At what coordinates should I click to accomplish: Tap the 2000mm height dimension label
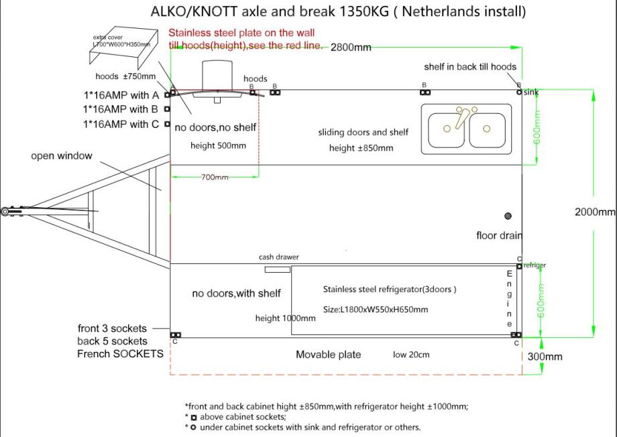tap(595, 212)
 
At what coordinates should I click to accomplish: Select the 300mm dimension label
tap(545, 357)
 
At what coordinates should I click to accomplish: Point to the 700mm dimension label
tap(214, 177)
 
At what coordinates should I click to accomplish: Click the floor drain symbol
tap(508, 216)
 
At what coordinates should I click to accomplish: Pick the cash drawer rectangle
tap(277, 269)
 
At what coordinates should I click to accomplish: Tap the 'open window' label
tap(62, 156)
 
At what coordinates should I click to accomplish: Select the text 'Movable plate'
tap(328, 355)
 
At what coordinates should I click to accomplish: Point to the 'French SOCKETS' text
tap(120, 353)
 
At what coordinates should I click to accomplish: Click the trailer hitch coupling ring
tap(5, 211)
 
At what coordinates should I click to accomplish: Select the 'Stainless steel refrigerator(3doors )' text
tap(390, 290)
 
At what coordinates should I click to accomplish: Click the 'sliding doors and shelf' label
tap(363, 133)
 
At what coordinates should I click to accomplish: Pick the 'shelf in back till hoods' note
tap(470, 66)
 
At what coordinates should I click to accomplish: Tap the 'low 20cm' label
tap(411, 355)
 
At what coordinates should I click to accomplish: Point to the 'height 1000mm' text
tap(285, 318)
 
